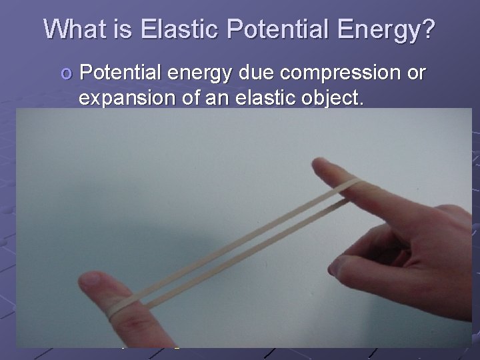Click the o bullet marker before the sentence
[x=64, y=75]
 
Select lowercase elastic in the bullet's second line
[x=261, y=98]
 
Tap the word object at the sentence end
[x=331, y=99]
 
